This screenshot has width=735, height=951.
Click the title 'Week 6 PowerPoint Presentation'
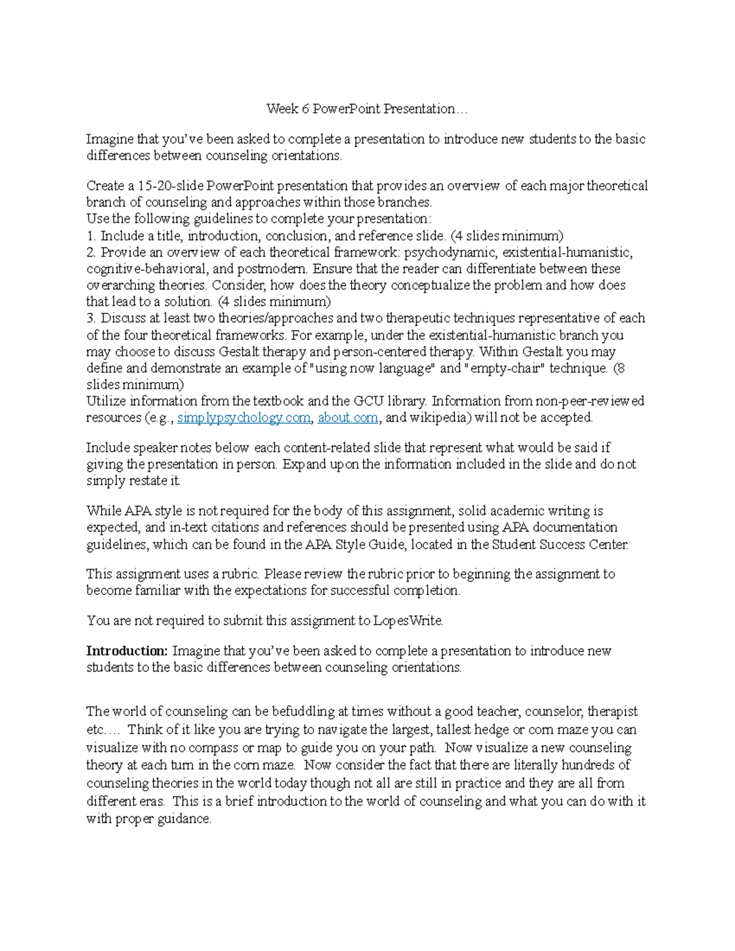366,109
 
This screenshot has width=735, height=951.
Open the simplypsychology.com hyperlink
243,418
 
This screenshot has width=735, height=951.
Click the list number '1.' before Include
91,236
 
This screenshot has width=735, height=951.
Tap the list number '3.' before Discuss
91,318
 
